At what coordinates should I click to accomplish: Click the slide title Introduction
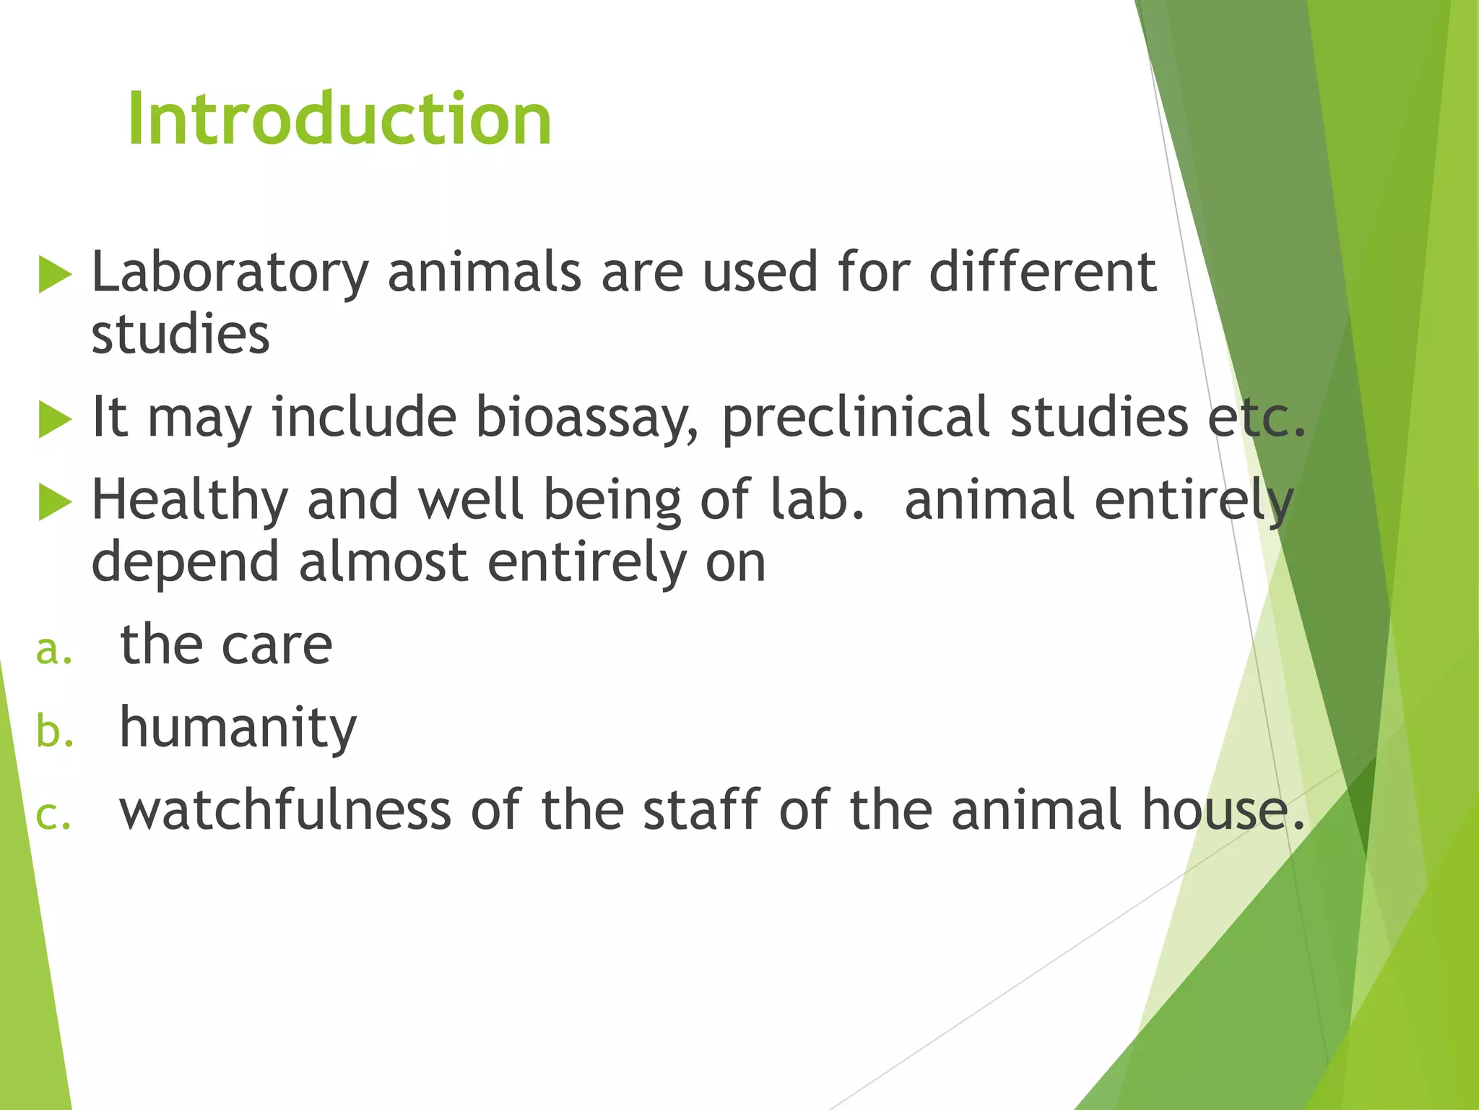point(339,119)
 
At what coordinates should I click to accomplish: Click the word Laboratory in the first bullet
point(230,273)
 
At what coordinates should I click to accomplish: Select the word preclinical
point(855,418)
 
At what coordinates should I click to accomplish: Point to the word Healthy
point(189,500)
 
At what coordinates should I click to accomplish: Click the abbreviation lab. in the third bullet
point(817,500)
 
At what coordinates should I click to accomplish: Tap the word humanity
point(238,728)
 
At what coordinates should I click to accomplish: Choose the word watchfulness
point(285,810)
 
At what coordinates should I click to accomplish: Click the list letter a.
point(54,649)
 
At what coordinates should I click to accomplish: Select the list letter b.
point(55,731)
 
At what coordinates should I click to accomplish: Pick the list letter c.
point(53,815)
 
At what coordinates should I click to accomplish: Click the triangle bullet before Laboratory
point(55,275)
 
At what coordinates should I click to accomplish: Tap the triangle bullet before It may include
point(55,420)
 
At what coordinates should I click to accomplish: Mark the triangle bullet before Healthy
point(55,502)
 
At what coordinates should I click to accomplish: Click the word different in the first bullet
point(1042,272)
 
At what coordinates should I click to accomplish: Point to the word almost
point(383,562)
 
